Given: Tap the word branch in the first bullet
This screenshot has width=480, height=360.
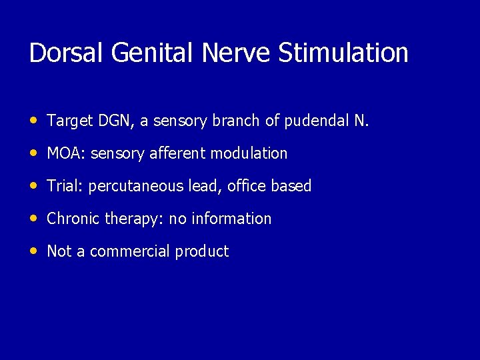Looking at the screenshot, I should [x=233, y=121].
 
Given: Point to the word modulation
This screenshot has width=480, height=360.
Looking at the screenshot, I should [x=249, y=153].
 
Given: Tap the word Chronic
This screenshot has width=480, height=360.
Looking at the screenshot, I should [x=73, y=219].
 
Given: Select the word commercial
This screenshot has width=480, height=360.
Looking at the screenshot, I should [x=130, y=251].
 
